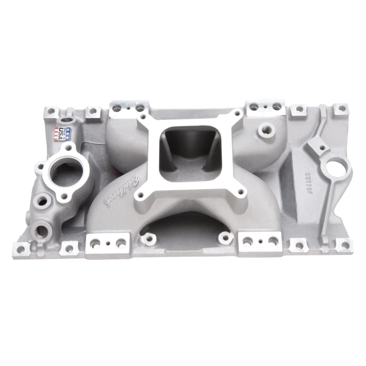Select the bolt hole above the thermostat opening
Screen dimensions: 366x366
69,148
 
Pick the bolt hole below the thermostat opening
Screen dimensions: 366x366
63,198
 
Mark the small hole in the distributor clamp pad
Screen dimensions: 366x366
322,147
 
